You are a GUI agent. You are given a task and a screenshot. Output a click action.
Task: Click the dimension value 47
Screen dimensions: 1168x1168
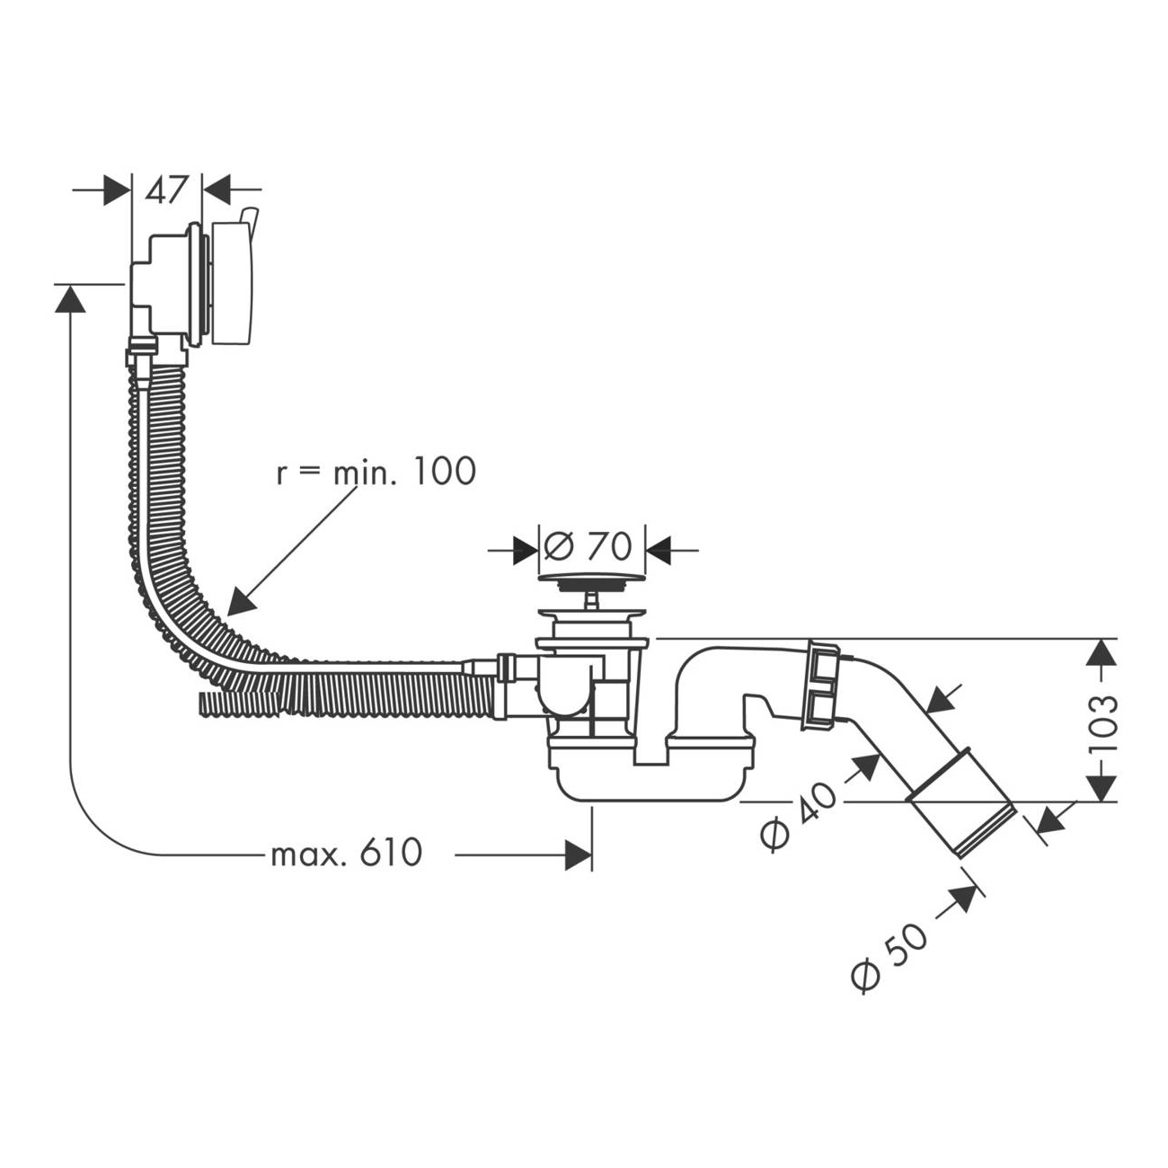pos(167,190)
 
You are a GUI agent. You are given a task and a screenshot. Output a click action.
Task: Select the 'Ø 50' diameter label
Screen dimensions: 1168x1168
pos(889,959)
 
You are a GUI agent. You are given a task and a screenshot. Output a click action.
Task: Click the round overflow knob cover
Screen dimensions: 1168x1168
pos(233,284)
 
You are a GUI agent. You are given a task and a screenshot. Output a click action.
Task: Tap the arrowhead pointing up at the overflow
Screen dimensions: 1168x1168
pos(71,299)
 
